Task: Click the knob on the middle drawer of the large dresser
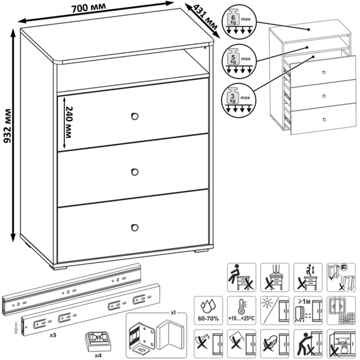[135, 171]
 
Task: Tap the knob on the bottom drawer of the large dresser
[135, 227]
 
